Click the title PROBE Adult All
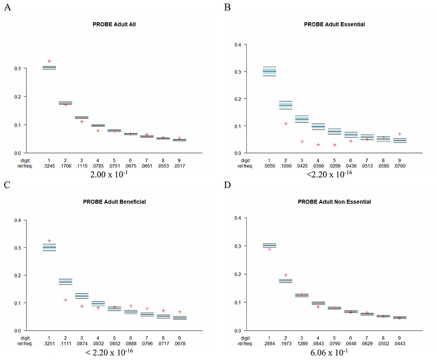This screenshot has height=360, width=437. coord(114,24)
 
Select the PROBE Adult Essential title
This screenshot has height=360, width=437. coord(334,24)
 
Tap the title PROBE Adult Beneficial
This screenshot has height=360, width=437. coord(114,202)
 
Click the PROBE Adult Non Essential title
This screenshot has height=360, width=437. coord(334,202)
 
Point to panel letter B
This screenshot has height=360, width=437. coord(227,7)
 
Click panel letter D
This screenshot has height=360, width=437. coord(227,185)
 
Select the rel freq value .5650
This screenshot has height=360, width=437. coord(269,166)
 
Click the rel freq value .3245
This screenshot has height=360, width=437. coord(49,166)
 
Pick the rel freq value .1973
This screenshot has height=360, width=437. coord(286,343)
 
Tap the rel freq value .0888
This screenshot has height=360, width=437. coord(131,343)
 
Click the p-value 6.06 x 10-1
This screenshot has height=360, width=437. coord(329,353)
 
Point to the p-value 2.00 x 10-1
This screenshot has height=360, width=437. coord(109,174)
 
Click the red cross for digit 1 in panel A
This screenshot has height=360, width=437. coord(49,61)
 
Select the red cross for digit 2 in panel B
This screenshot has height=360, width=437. coord(286,124)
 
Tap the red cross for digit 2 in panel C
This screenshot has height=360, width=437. coord(66,300)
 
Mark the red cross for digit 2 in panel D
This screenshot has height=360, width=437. coord(286,275)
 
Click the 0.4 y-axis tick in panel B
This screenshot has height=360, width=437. coord(238,45)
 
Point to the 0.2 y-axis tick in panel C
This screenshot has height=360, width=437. coord(17,275)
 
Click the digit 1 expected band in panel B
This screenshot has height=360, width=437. coord(270,71)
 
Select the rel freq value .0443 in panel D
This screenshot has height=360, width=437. coord(400,343)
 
